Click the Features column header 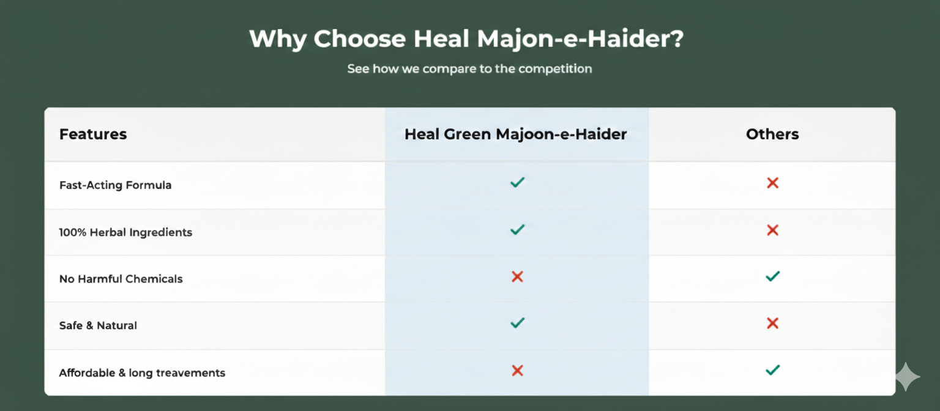pos(93,134)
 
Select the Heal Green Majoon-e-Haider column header pos(516,134)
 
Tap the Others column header pos(772,134)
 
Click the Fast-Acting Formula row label pos(116,185)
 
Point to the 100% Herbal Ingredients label pos(125,232)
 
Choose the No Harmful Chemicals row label pos(121,279)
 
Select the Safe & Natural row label pos(98,325)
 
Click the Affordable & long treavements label pos(142,373)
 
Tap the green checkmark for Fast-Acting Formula pos(517,182)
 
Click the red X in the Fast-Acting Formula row pos(772,183)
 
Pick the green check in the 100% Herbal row pos(517,230)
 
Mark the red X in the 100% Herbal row pos(772,230)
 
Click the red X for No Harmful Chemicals pos(517,277)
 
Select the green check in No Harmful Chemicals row pos(772,276)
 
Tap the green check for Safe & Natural pos(517,323)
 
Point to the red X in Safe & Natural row pos(772,324)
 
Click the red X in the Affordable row pos(517,371)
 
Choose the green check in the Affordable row pos(772,370)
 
